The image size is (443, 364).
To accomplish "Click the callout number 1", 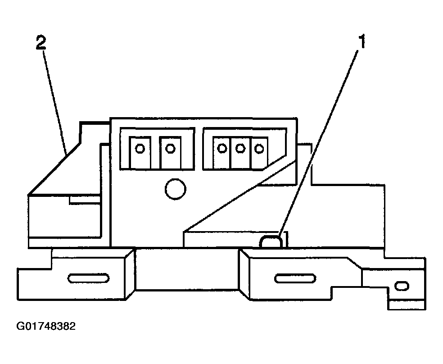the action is (362, 41).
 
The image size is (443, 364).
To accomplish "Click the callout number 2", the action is (41, 43).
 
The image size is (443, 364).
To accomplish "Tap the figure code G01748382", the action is (46, 326).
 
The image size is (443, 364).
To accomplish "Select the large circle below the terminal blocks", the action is (176, 189).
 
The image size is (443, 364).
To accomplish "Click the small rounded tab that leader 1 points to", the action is (271, 241).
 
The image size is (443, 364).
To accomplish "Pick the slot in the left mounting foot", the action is (88, 278).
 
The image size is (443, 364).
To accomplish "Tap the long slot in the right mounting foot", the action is (295, 278).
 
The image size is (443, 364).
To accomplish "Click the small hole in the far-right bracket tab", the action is (402, 286).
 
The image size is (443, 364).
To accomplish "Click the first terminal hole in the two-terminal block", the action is (140, 148).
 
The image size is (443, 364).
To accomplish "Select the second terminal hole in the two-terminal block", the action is (170, 148).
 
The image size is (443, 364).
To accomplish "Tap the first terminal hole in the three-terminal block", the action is (222, 148).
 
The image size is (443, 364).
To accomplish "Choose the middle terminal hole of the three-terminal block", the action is (240, 148).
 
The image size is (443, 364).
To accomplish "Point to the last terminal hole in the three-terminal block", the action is (259, 148).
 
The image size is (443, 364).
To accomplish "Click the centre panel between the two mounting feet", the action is (187, 269).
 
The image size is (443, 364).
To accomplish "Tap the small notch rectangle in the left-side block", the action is (85, 199).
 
